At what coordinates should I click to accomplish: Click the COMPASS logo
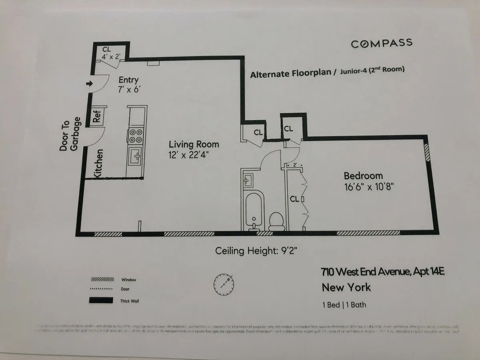(x=381, y=43)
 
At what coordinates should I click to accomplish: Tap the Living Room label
(x=194, y=144)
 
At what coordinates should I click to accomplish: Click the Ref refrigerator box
(x=97, y=116)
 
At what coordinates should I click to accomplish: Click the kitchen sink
(x=135, y=156)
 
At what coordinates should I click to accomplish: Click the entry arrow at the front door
(x=89, y=84)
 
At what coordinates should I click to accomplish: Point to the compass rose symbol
(x=224, y=283)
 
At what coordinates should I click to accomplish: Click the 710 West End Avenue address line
(x=383, y=272)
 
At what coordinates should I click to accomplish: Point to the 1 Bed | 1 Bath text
(x=344, y=305)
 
